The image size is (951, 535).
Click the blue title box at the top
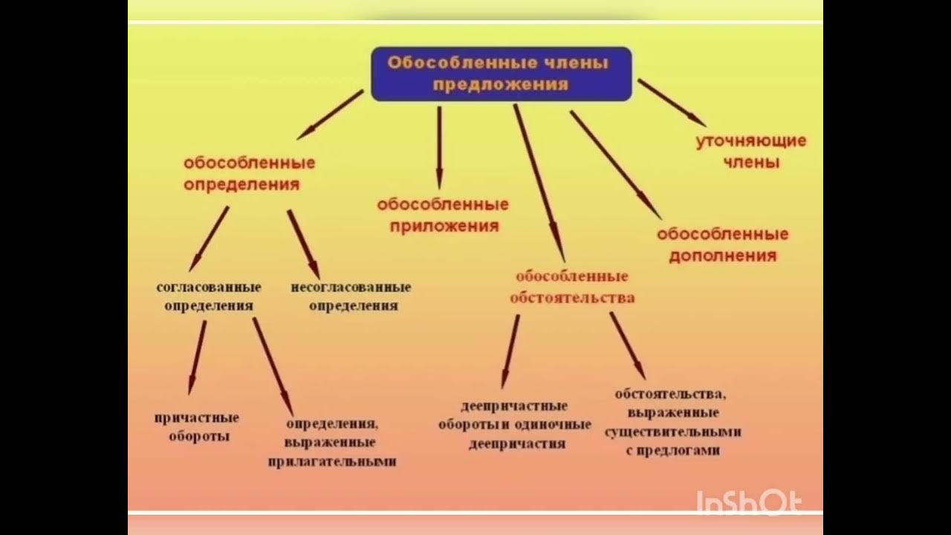[x=501, y=74]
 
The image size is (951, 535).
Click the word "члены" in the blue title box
[x=579, y=62]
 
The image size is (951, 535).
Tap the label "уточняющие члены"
[x=750, y=152]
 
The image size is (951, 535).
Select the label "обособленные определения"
[x=249, y=173]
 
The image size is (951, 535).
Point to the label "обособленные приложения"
[x=442, y=215]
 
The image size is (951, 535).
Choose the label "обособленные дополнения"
[x=722, y=244]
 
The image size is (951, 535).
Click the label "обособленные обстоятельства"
[x=571, y=287]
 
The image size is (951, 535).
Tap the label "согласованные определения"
[x=208, y=296]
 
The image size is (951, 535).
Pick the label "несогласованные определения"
[x=351, y=296]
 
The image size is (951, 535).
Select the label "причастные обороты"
[x=197, y=427]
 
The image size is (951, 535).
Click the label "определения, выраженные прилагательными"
[x=331, y=442]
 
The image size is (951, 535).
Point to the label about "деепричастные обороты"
[x=515, y=425]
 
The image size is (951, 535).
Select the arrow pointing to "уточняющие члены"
[x=671, y=102]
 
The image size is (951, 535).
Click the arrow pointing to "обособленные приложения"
[x=439, y=147]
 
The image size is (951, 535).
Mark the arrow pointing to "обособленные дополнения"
[x=614, y=164]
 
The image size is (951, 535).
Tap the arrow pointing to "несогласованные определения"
[x=303, y=244]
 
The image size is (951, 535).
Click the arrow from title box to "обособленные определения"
[x=331, y=114]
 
